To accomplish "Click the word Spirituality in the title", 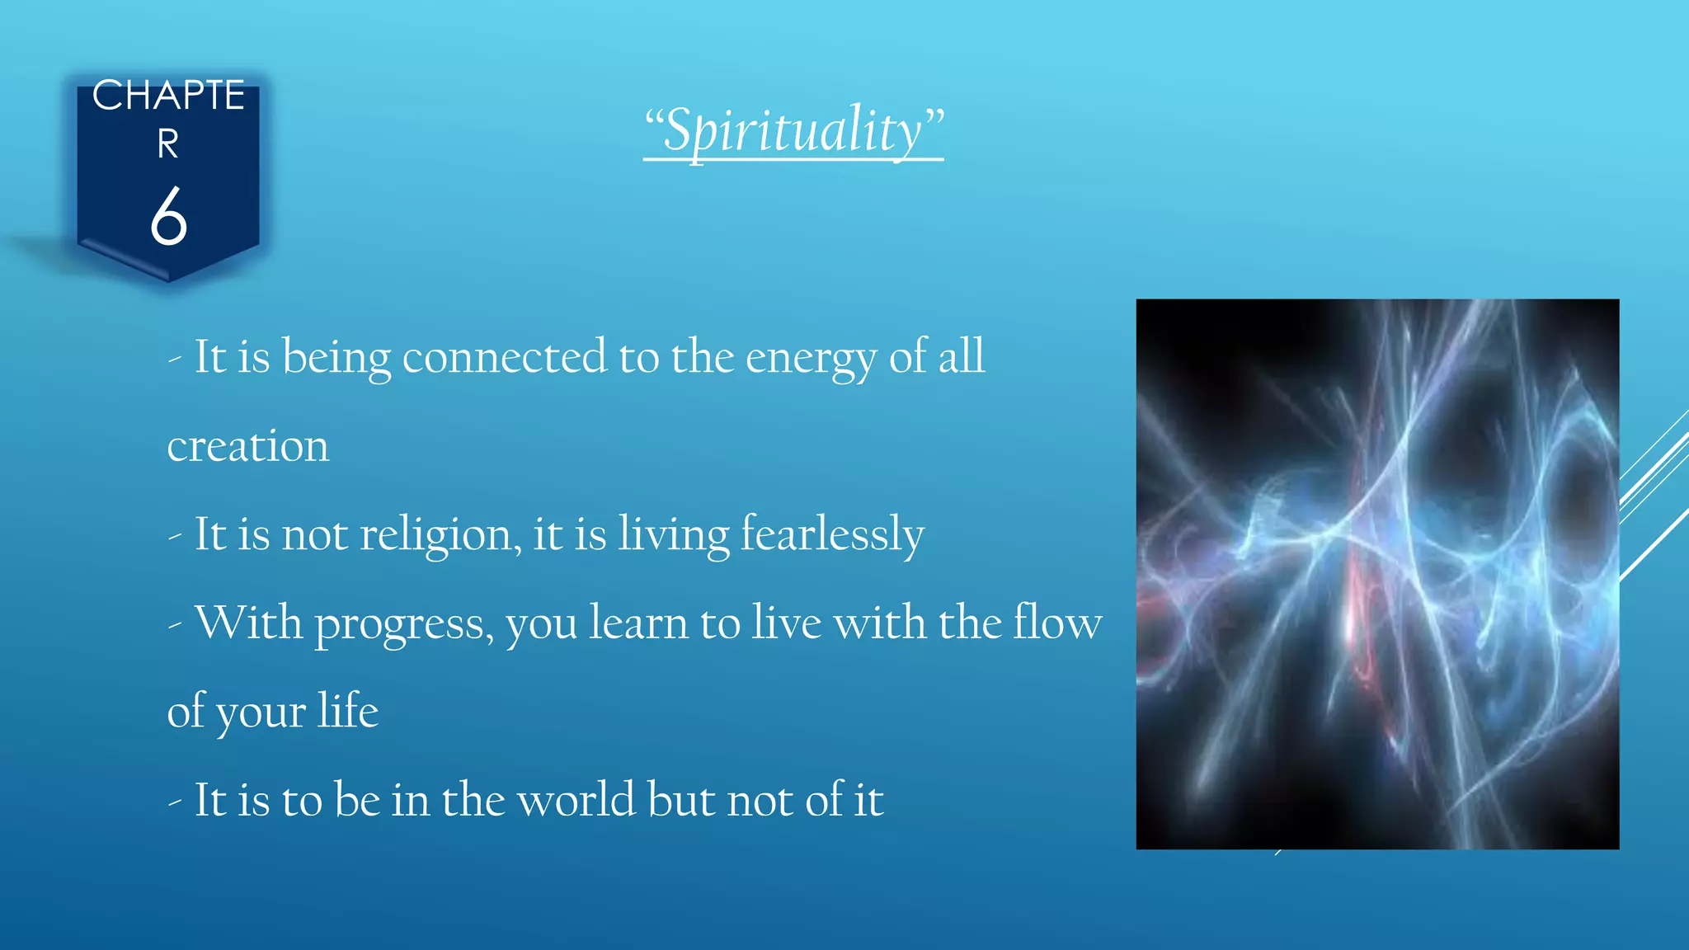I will click(793, 130).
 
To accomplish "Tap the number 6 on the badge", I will click(169, 216).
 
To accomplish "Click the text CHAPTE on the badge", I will click(168, 96).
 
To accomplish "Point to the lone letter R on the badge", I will click(168, 144).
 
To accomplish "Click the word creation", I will click(247, 446).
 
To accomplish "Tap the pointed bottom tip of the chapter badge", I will click(169, 280).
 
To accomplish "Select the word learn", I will click(638, 623).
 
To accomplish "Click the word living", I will click(673, 534).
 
